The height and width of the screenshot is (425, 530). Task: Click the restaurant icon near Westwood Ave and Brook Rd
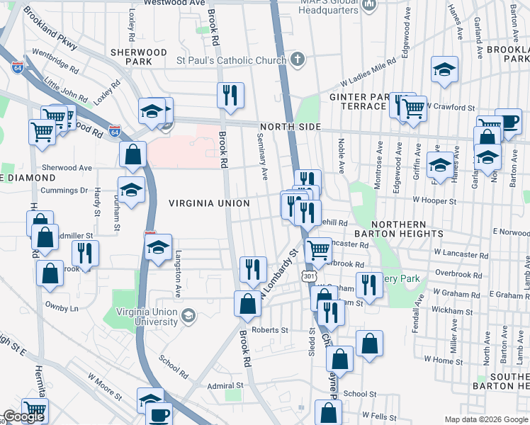[x=230, y=95]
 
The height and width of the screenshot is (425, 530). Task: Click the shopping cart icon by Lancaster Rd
[x=318, y=250]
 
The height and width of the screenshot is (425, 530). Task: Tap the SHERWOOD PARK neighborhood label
[x=139, y=57]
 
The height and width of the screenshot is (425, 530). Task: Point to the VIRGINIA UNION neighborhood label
[x=209, y=203]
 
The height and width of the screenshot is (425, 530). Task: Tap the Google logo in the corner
[x=23, y=416]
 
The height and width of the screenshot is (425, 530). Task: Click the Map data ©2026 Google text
[x=486, y=419]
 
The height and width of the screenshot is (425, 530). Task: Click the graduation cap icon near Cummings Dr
[x=131, y=190]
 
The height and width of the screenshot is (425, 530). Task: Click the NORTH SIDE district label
[x=291, y=127]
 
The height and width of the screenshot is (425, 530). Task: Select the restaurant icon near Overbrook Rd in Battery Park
[x=368, y=285]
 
